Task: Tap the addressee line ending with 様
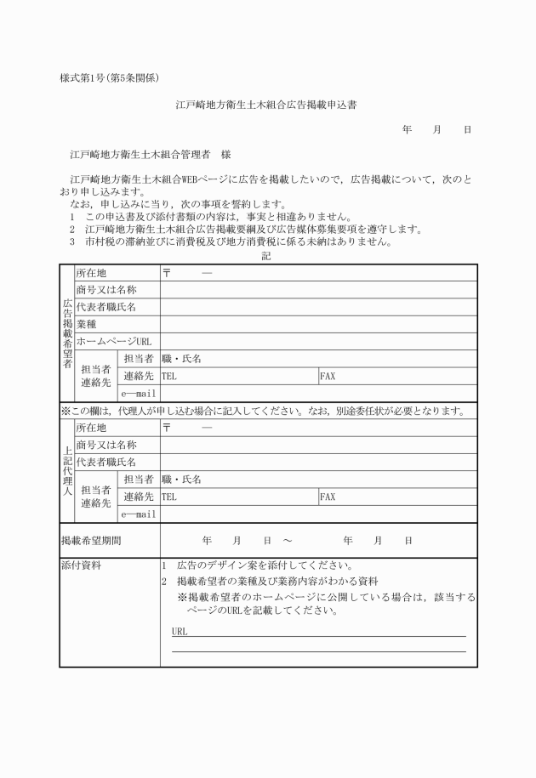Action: tap(151, 156)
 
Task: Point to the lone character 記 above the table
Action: tap(267, 256)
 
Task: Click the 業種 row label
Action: tap(86, 324)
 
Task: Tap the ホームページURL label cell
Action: tap(113, 341)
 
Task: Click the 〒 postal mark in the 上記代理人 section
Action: tap(167, 427)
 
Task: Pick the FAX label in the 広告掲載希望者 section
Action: tap(328, 375)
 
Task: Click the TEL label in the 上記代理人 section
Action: tap(169, 497)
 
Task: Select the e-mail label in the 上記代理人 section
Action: tap(139, 514)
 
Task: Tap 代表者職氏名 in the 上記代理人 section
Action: tap(105, 462)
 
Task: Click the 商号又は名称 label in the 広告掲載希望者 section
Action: tap(105, 290)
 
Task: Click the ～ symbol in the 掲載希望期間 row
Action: tap(287, 540)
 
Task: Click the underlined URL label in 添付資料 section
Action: tap(180, 632)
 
